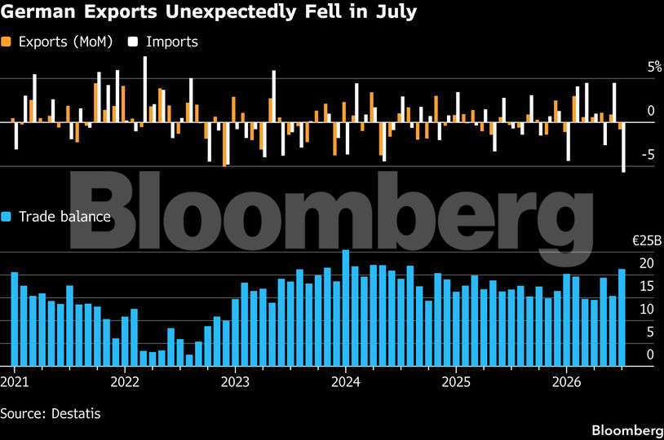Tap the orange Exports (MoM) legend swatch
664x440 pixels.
coord(6,42)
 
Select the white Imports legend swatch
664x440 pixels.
coord(134,42)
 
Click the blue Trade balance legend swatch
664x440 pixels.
coord(6,217)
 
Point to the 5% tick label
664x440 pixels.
coord(654,67)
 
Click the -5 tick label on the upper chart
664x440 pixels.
coord(649,155)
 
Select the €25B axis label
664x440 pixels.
coord(647,240)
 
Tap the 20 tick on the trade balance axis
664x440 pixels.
coord(647,263)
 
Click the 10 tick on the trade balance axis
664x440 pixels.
coord(647,310)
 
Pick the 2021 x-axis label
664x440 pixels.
coord(15,381)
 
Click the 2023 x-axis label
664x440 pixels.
coord(235,381)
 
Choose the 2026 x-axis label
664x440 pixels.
coord(567,381)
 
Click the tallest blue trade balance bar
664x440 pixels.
coord(346,308)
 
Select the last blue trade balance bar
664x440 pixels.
coord(622,318)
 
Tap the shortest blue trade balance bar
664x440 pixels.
coord(189,360)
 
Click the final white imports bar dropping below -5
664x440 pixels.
coord(623,147)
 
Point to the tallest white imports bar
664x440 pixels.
coord(145,90)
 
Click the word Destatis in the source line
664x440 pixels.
coord(76,413)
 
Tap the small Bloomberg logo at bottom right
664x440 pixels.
coord(627,430)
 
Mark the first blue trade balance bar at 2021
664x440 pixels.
coord(15,319)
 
